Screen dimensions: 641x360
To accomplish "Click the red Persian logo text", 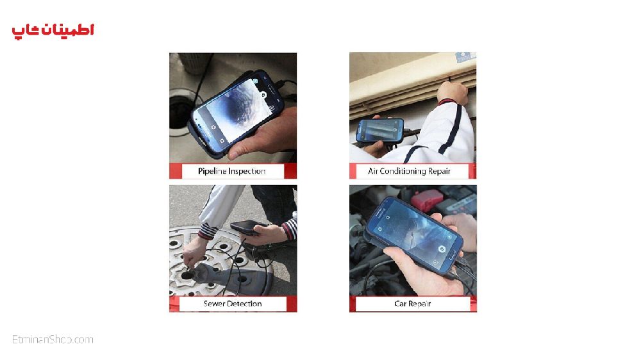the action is pos(53,31).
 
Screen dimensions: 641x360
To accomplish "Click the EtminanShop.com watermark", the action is pos(53,340).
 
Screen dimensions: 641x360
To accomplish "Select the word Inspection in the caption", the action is pos(247,171).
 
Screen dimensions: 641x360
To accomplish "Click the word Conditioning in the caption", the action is pos(403,171).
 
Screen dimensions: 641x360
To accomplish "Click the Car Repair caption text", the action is pos(412,304).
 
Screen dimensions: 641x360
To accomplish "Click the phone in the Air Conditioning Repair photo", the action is pos(379,131).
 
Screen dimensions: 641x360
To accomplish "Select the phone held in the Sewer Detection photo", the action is pos(247,227).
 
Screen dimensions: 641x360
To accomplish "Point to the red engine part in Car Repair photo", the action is pos(426,201).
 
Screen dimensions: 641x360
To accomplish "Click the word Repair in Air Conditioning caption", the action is pos(439,171).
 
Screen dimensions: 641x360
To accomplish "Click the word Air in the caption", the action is pos(372,171).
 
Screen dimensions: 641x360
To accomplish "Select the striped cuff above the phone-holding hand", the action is pos(290,229).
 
